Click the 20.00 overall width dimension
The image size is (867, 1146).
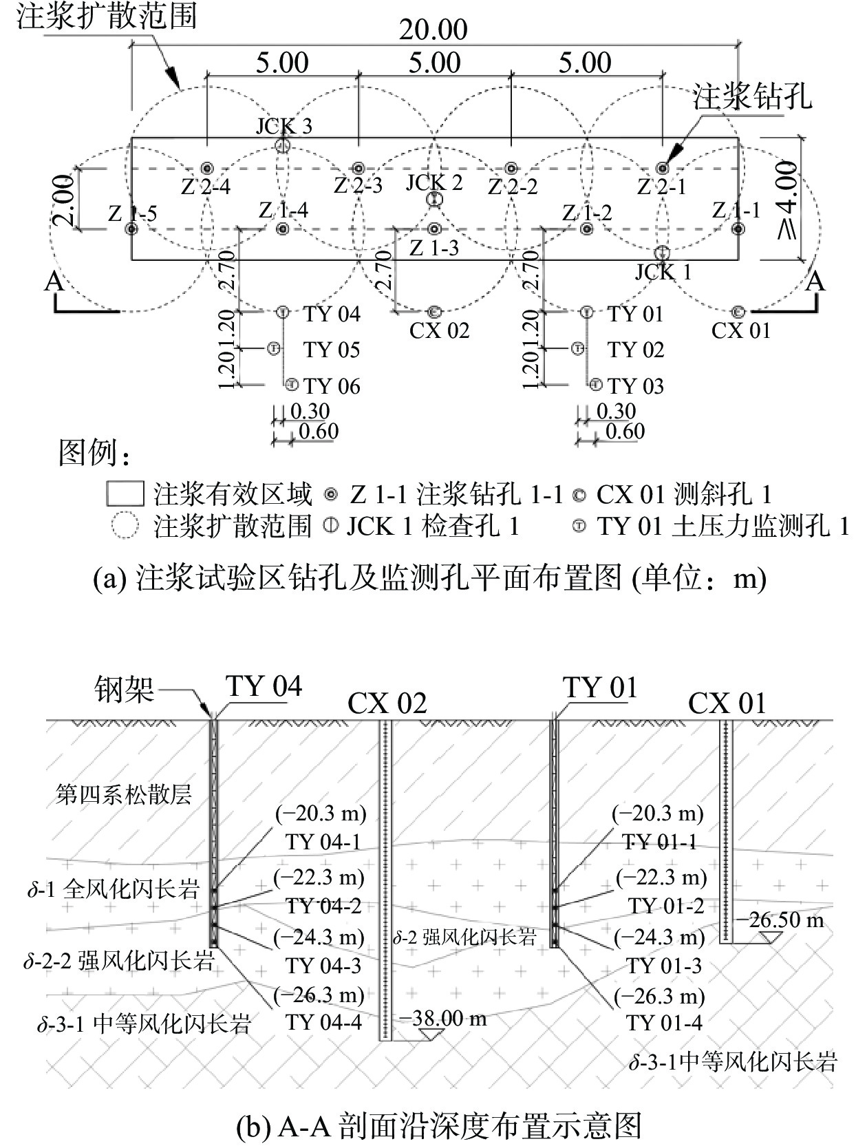(433, 30)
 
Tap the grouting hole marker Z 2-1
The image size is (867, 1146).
(662, 168)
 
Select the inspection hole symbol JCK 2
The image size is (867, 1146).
(433, 199)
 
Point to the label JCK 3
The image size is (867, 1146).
(284, 126)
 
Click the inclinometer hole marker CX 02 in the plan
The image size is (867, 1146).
(433, 312)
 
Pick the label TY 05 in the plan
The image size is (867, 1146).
(332, 350)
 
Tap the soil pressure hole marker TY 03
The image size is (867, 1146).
(596, 384)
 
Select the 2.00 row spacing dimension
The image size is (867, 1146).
(63, 200)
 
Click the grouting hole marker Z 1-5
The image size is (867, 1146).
(131, 229)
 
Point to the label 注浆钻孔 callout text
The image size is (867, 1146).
(751, 97)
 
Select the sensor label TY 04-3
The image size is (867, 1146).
(323, 965)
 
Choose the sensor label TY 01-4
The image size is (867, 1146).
(664, 1023)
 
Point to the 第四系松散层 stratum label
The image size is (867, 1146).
(124, 794)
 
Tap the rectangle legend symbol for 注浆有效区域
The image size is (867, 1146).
(125, 494)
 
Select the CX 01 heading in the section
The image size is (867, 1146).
(727, 703)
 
